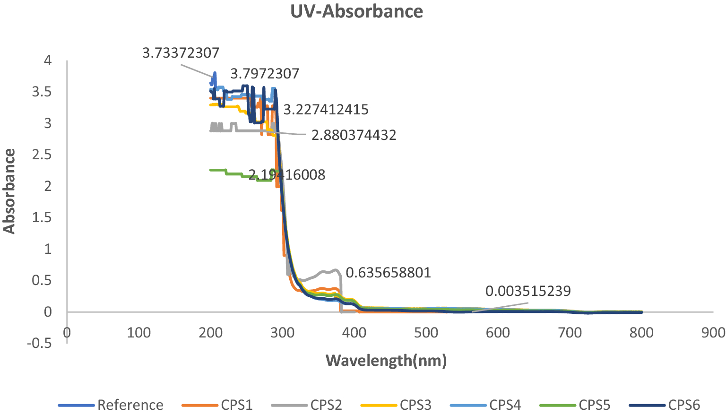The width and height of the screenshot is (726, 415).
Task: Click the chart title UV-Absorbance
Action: [x=357, y=11]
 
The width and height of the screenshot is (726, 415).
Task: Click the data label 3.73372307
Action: [x=181, y=52]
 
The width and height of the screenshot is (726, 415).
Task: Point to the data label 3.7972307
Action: [x=265, y=74]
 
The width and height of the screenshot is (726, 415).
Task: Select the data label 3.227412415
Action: [x=326, y=110]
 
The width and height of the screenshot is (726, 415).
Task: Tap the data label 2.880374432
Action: [x=354, y=135]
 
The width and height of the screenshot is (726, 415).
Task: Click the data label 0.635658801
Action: [x=388, y=273]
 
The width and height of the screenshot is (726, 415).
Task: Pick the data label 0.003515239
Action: [x=528, y=291]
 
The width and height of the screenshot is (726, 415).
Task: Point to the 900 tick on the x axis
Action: [x=713, y=333]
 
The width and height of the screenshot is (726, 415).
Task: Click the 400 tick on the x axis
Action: [x=354, y=333]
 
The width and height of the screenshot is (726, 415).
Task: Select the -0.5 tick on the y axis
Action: [x=39, y=343]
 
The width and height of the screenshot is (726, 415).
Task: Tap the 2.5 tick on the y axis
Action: [x=42, y=155]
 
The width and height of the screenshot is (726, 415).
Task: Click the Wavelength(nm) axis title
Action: [x=386, y=361]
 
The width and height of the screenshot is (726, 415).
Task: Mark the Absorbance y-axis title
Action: [x=9, y=191]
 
